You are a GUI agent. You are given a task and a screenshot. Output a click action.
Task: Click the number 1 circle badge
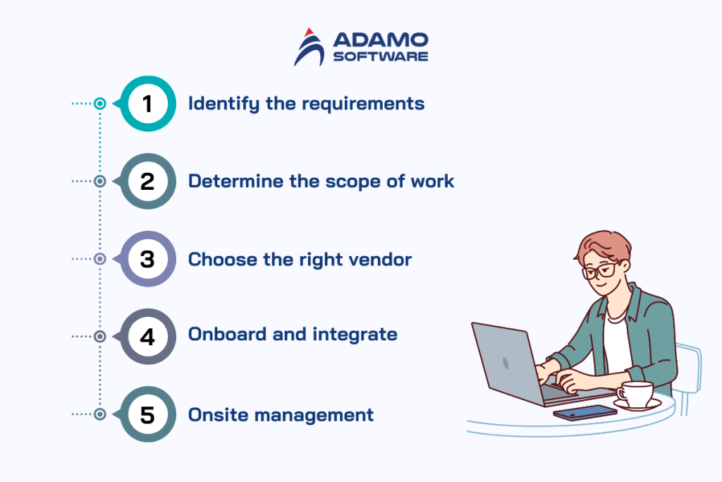147,104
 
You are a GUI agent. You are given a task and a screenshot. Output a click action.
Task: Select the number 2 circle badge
147,181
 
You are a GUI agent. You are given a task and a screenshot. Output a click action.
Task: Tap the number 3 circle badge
147,259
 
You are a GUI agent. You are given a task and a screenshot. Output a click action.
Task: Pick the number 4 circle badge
147,337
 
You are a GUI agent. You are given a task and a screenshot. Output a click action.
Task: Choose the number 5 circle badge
147,414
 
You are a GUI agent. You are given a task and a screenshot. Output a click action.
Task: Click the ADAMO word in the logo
379,40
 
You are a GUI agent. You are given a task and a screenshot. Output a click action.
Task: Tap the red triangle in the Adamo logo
308,32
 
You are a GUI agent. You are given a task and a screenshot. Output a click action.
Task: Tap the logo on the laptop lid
505,363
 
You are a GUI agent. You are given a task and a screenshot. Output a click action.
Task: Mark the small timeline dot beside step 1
100,104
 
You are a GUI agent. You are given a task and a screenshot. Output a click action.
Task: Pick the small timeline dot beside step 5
100,414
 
